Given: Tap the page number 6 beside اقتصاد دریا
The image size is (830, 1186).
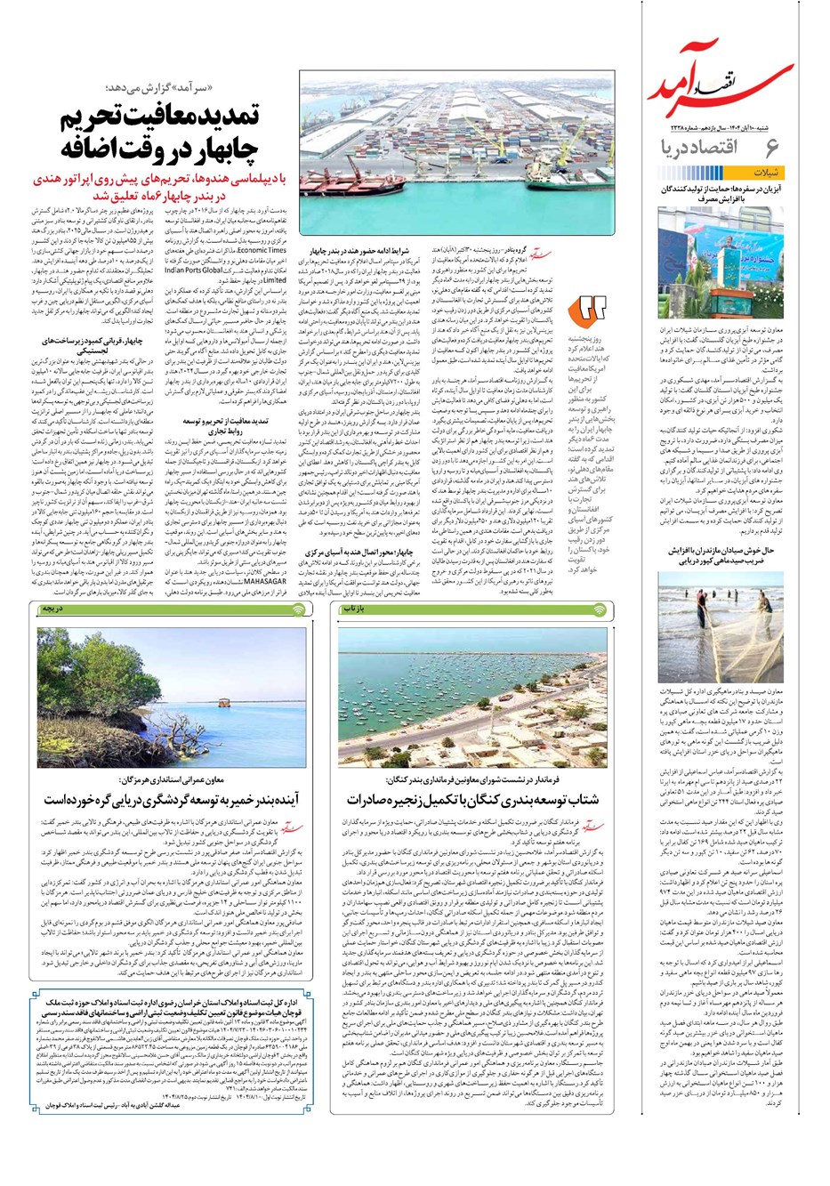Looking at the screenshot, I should pyautogui.click(x=771, y=147).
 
